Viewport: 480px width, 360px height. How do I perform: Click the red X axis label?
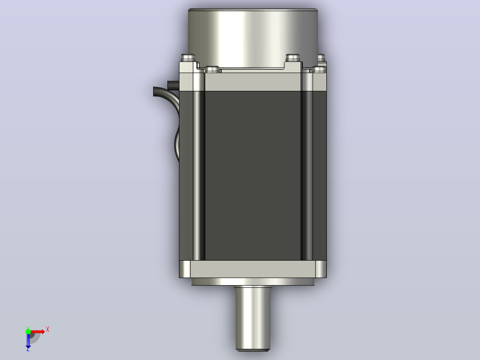pos(48,330)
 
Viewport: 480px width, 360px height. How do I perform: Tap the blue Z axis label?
pos(28,349)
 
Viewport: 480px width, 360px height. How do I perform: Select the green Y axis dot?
pos(28,331)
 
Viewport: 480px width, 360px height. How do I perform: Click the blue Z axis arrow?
pos(28,340)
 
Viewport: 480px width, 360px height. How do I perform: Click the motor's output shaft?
pos(252,319)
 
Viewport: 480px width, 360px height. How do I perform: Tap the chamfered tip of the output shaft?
pos(252,350)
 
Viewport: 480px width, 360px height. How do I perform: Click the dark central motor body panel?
pos(253,176)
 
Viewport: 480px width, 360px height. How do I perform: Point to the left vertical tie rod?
pos(199,176)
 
